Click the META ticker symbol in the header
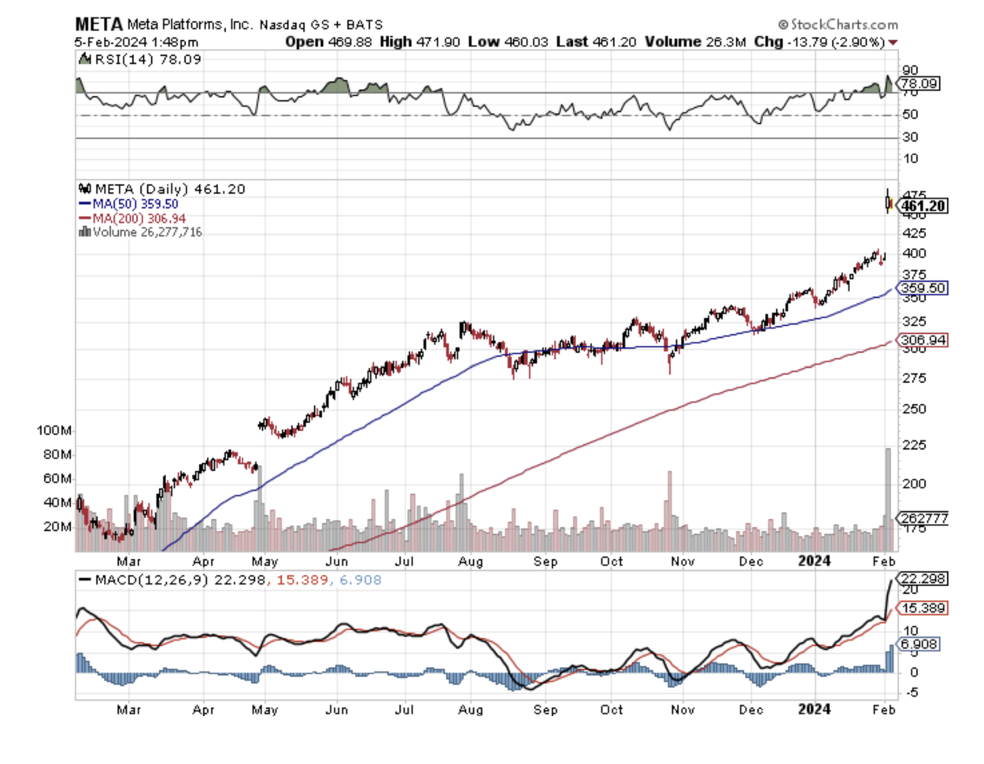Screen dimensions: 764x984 [x=98, y=24]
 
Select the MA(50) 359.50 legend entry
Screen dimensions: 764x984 [x=129, y=204]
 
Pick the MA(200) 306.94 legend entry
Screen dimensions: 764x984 [x=132, y=218]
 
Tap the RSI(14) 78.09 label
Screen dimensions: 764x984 [x=142, y=60]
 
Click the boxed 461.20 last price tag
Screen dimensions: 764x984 [x=923, y=206]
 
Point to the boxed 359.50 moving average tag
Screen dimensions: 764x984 [x=923, y=288]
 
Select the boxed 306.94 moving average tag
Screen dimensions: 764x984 [x=923, y=340]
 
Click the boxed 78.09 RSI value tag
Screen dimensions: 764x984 [x=919, y=83]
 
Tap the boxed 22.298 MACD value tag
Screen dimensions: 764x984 [x=923, y=579]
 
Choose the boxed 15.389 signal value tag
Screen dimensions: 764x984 [x=923, y=608]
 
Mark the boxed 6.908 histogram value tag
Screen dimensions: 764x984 [x=919, y=644]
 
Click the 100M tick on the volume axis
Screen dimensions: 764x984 [x=54, y=431]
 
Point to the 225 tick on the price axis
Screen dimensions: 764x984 [x=913, y=446]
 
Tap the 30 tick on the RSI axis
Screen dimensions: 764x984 [x=910, y=137]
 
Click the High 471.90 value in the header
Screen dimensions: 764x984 [x=420, y=42]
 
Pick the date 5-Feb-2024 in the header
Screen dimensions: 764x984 [x=109, y=42]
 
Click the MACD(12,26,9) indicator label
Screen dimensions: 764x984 [x=140, y=580]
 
